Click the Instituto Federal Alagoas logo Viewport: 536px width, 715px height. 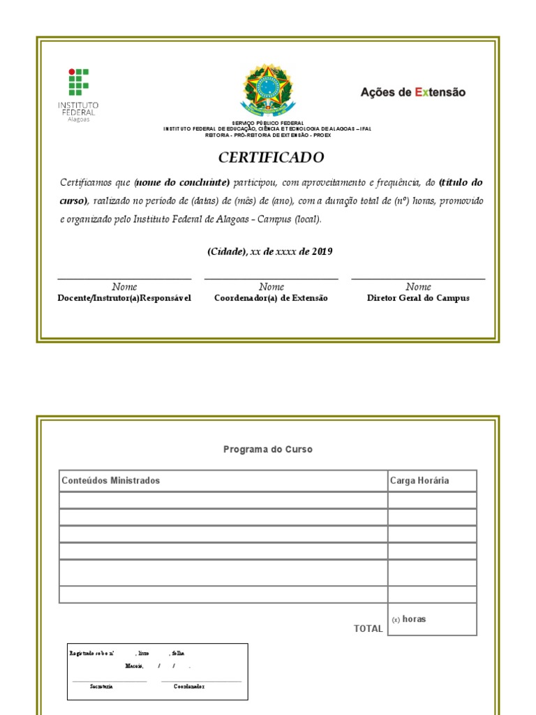[78, 94]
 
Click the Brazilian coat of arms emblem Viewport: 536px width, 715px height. [267, 91]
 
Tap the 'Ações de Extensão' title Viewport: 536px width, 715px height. [412, 92]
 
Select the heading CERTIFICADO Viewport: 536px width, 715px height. [271, 158]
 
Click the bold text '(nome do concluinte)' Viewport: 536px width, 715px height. [182, 182]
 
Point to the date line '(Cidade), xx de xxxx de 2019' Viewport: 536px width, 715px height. [269, 251]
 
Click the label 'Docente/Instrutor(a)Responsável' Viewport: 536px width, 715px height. [124, 298]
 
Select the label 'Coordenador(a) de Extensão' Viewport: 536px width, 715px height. [271, 298]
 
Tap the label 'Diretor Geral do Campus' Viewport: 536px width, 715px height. [418, 298]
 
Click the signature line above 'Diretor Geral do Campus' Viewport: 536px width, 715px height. [418, 279]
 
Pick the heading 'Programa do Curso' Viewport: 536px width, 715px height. [268, 450]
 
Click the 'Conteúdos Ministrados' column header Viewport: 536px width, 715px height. [111, 480]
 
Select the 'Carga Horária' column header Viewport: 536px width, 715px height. [419, 480]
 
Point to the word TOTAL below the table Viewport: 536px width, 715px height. [368, 628]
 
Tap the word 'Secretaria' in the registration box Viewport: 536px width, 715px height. [101, 686]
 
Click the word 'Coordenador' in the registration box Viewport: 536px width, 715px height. [189, 686]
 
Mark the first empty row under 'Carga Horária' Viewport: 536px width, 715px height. [432, 500]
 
